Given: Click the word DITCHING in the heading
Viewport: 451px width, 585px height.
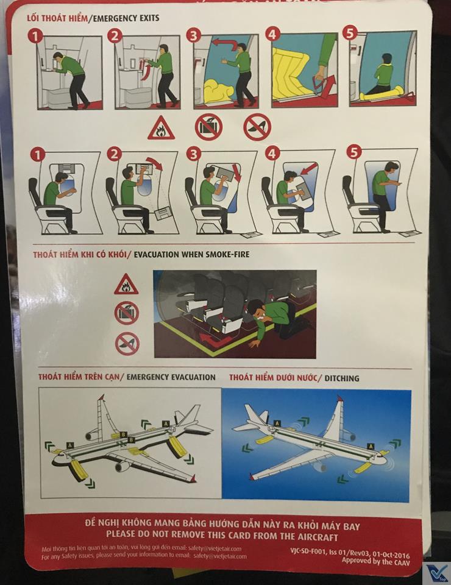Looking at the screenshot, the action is pyautogui.click(x=342, y=378).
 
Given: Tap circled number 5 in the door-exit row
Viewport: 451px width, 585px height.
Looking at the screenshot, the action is pyautogui.click(x=350, y=33).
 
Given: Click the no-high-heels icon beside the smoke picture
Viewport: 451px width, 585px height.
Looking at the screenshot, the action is pyautogui.click(x=127, y=344).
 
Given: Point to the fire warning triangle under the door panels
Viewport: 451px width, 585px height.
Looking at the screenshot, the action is pyautogui.click(x=161, y=128).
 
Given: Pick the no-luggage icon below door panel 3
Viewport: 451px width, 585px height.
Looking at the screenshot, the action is pyautogui.click(x=208, y=127).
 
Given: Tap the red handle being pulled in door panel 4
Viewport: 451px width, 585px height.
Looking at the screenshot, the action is pyautogui.click(x=321, y=85).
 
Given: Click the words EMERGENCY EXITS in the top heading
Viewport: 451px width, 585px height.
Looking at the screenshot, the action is pyautogui.click(x=126, y=18).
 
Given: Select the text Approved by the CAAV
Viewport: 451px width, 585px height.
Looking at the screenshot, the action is pyautogui.click(x=375, y=561).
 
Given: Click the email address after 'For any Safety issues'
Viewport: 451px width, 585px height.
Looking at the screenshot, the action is pyautogui.click(x=220, y=556).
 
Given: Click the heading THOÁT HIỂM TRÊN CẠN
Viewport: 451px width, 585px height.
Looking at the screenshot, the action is pyautogui.click(x=79, y=377).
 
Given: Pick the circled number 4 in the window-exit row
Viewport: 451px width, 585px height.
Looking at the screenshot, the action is pyautogui.click(x=272, y=154).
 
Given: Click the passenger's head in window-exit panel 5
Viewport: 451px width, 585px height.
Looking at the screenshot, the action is pyautogui.click(x=391, y=168).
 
